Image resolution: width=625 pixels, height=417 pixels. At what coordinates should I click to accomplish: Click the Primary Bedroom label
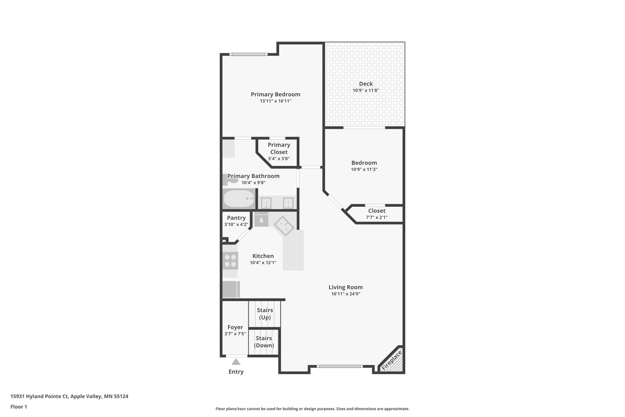(275, 94)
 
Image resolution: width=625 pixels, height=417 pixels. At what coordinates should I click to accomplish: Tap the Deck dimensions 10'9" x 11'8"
(366, 90)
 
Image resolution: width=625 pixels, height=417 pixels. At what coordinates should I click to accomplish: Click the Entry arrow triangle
(236, 362)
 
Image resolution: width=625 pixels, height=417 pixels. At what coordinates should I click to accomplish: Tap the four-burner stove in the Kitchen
(230, 261)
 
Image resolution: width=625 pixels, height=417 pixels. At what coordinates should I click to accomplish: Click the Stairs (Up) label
(265, 314)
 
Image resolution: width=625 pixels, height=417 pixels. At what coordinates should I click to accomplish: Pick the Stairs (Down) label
(264, 342)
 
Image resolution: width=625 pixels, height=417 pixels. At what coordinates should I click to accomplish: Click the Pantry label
(236, 218)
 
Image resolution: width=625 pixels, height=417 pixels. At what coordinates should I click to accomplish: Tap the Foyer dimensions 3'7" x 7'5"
(235, 334)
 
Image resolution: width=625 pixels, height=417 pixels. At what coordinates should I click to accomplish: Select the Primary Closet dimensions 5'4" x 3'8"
(279, 159)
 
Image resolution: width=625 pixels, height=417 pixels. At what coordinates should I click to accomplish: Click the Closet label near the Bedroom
(377, 211)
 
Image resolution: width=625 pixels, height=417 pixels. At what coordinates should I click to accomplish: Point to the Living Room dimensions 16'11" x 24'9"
(345, 294)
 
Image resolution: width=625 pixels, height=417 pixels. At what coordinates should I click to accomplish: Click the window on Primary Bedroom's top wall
(248, 54)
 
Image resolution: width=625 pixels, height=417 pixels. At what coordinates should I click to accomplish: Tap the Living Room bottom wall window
(339, 366)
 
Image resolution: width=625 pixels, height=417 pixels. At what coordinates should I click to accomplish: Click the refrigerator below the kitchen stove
(230, 289)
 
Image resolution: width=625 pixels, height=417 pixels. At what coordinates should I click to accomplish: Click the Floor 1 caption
(19, 407)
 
